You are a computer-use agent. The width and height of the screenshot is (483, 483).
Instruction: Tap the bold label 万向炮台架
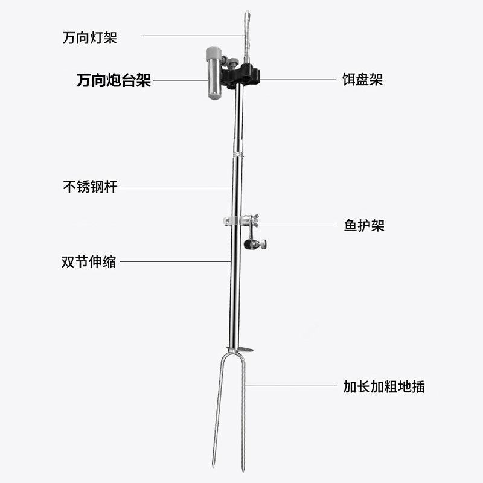tap(114, 80)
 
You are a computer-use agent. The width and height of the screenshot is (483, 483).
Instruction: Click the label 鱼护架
tap(360, 225)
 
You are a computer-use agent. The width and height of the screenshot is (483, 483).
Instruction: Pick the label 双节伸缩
tap(89, 262)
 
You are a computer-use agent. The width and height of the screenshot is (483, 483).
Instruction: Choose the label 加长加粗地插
tap(382, 386)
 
